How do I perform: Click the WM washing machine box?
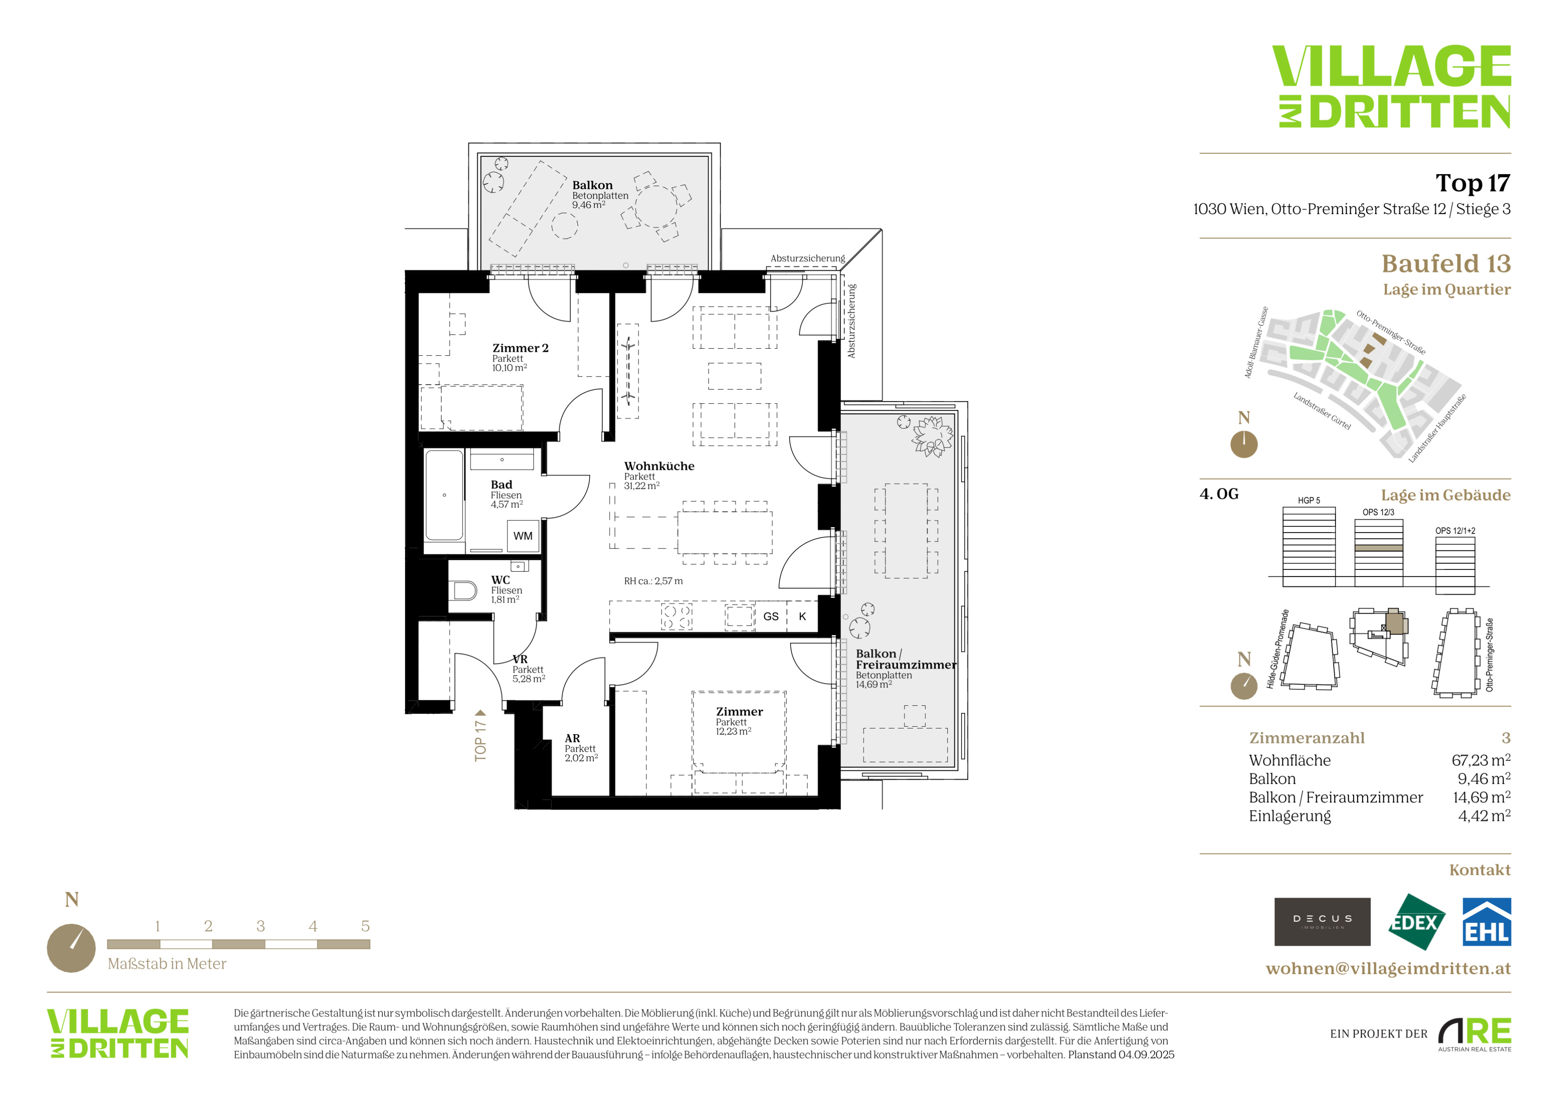(x=523, y=536)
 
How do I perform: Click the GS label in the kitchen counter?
(x=771, y=617)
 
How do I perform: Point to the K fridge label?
(x=803, y=617)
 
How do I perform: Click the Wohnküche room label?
(x=659, y=466)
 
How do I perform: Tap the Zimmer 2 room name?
(x=520, y=348)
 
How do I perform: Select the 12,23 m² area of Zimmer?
(x=734, y=732)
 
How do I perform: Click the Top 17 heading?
(x=1473, y=183)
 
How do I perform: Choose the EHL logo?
(x=1487, y=922)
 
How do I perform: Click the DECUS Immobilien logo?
(x=1323, y=922)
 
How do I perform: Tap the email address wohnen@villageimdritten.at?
(x=1388, y=968)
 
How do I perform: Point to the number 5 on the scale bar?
(x=365, y=926)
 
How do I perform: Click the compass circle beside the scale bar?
(x=71, y=948)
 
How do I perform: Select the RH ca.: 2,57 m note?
(x=653, y=581)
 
